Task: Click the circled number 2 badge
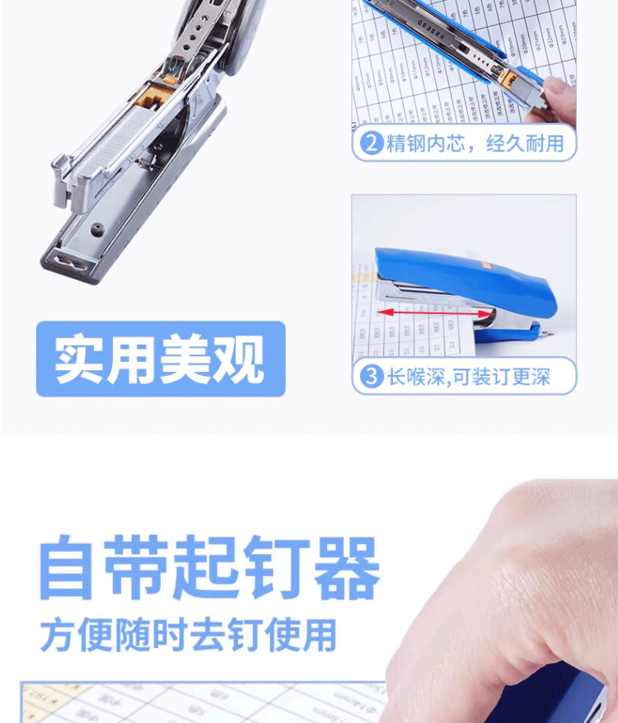pos(372,143)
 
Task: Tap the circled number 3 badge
pos(372,377)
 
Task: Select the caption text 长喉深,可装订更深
pos(469,377)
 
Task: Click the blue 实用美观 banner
pos(161,359)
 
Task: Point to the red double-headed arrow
pos(438,313)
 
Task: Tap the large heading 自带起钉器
pos(210,569)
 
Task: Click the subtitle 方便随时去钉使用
pos(189,635)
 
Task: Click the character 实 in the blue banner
pos(81,359)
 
